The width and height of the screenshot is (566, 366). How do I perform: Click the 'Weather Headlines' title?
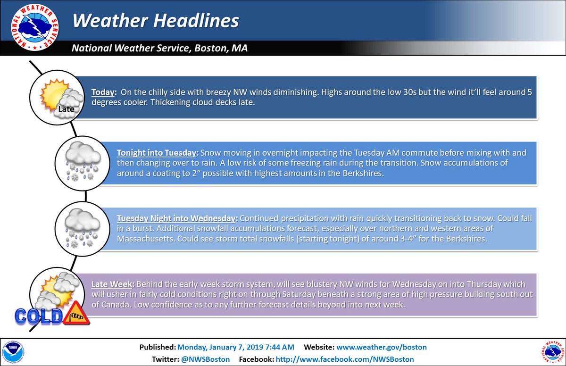point(156,20)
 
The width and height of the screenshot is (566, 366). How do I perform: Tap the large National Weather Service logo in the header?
point(35,27)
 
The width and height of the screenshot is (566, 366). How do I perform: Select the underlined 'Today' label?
point(103,92)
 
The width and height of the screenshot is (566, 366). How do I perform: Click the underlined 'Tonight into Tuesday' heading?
point(157,153)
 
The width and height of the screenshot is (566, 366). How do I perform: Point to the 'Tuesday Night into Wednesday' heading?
point(176,218)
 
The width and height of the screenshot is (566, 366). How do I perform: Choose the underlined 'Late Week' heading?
point(112,284)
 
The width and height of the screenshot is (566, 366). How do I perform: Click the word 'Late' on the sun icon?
point(66,109)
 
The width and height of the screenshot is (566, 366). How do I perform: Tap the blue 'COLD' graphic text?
point(38,316)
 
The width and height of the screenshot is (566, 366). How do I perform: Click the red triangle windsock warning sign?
point(76,314)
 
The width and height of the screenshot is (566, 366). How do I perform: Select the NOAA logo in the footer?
point(13,352)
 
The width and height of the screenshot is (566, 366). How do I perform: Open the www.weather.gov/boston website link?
point(382,347)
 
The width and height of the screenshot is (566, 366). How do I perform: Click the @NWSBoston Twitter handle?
point(206,359)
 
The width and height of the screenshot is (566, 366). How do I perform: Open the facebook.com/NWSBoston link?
point(345,359)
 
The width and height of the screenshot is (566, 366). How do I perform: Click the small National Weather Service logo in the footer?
point(553,353)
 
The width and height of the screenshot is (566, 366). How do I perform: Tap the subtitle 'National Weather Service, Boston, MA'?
point(159,48)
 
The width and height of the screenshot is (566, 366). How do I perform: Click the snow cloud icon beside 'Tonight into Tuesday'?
point(83,163)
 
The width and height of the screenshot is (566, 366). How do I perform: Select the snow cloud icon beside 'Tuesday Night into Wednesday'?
point(83,229)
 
